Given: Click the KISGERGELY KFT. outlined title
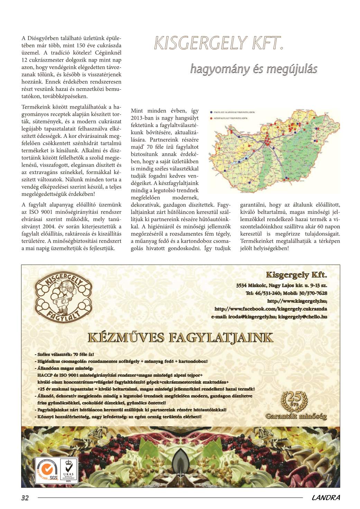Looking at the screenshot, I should click(x=219, y=43).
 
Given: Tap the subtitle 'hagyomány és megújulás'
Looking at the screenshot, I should click(x=253, y=69).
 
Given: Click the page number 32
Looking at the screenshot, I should click(x=25, y=498).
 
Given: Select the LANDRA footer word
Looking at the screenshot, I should click(x=325, y=498).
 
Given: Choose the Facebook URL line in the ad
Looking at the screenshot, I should click(x=271, y=309).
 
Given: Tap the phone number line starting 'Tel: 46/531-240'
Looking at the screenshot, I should click(x=286, y=293).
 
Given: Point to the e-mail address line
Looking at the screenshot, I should click(x=269, y=316).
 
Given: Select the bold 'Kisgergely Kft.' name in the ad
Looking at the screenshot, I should click(x=296, y=275).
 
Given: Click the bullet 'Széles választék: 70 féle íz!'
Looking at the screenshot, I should click(x=64, y=355).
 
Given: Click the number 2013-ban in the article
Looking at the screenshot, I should click(x=141, y=118).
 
